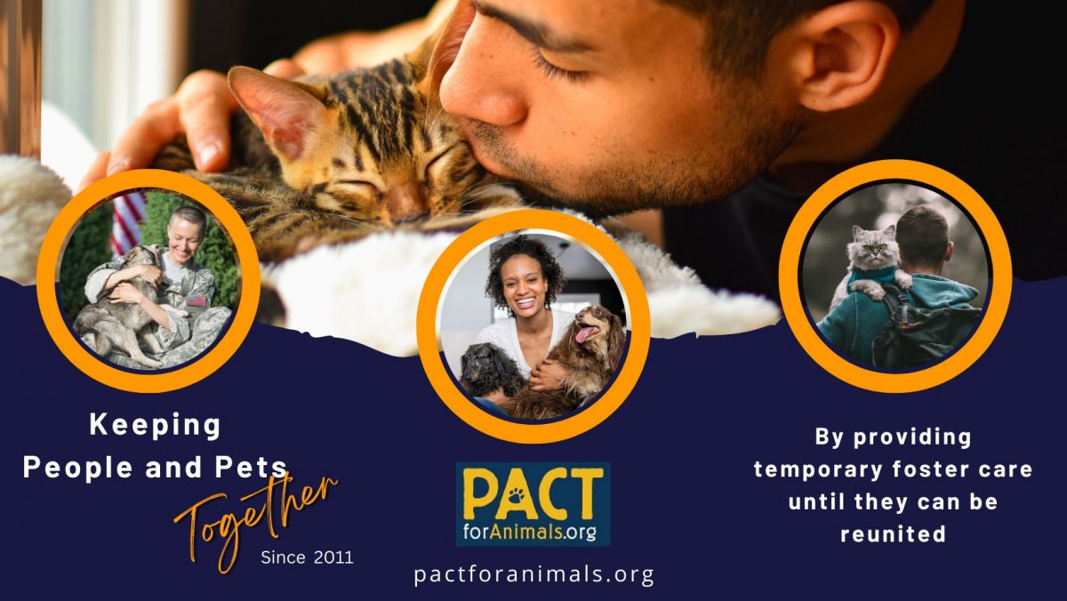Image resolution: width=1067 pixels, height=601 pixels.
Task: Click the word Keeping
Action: [x=156, y=425]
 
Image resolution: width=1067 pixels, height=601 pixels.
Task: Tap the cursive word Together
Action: [x=257, y=522]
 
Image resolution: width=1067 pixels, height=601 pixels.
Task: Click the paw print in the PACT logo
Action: [x=517, y=496]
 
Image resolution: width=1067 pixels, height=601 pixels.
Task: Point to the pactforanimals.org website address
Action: [x=534, y=574]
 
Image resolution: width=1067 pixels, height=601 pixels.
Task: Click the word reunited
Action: [x=893, y=534]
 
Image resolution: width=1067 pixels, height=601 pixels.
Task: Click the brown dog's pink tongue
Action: [x=582, y=335]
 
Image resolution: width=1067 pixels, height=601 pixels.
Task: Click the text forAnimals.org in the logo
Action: [x=530, y=531]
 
